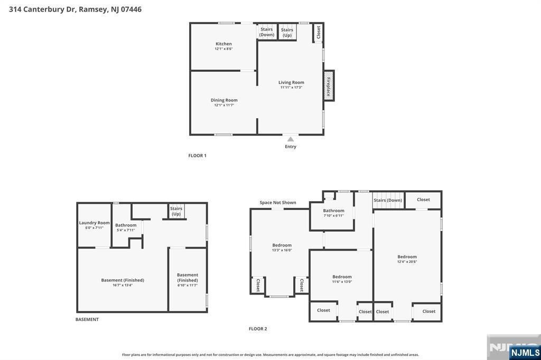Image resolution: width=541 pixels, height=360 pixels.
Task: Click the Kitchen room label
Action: coord(223,44)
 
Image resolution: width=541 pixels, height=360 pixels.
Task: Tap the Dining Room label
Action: coord(224,100)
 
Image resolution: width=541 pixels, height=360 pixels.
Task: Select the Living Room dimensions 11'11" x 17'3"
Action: coord(291,87)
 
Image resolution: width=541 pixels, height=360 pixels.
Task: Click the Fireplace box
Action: coord(329,86)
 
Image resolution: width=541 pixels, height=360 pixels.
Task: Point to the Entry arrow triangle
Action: coord(290,139)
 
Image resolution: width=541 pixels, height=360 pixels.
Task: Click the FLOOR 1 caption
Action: coord(197,156)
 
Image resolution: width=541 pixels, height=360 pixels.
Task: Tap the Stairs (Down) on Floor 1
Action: coord(267,32)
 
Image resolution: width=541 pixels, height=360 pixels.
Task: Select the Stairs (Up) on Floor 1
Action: coord(287,32)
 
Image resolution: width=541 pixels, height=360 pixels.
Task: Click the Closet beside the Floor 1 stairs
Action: coord(318,32)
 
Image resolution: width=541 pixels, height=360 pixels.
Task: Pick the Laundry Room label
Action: coord(94,223)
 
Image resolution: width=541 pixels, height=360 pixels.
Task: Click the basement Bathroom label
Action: coord(126,225)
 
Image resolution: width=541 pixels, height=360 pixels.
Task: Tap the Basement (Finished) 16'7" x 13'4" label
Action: coord(123,280)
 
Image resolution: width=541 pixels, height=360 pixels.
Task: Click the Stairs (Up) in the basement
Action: coord(176,211)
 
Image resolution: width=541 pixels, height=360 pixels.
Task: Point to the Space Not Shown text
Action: coord(278,203)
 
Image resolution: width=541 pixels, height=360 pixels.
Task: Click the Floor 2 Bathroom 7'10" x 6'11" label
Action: coord(333,211)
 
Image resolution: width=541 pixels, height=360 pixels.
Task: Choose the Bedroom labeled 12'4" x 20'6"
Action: coord(407,257)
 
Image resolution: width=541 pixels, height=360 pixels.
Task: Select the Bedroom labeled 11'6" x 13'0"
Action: coord(342,277)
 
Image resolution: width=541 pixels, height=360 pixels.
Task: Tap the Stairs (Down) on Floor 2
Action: coord(388,200)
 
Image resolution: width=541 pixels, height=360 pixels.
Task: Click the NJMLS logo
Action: coord(525,352)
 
